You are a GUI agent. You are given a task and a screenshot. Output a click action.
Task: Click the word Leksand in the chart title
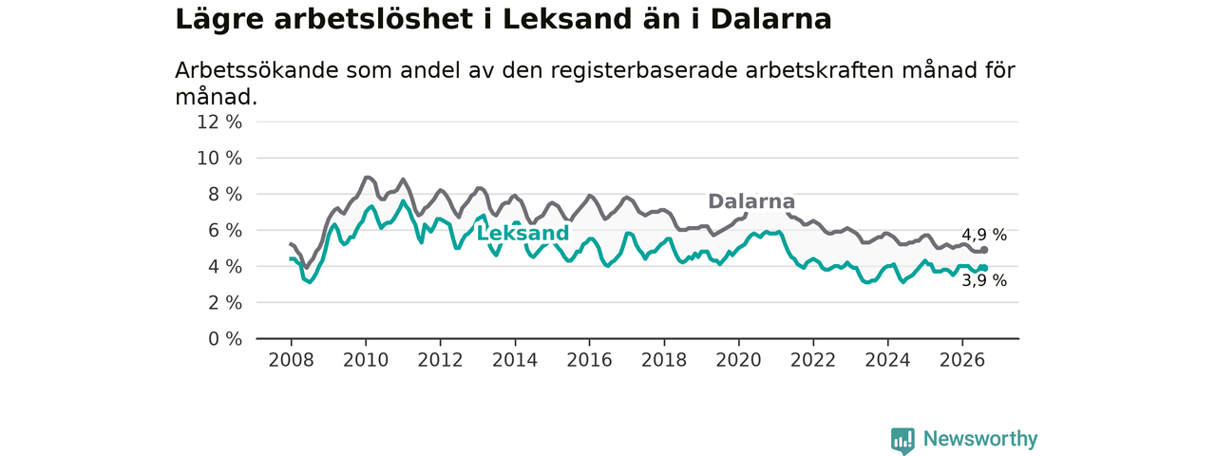[567, 20]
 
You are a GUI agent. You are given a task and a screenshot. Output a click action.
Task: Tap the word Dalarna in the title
[770, 20]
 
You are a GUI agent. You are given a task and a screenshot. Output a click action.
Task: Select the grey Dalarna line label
[751, 201]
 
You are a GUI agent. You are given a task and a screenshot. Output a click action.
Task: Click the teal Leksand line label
[522, 234]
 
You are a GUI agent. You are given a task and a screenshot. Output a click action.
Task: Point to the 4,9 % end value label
[984, 235]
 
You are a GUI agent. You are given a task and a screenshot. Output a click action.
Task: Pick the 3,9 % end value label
[984, 280]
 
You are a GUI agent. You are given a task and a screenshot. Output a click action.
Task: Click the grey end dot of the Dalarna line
[984, 250]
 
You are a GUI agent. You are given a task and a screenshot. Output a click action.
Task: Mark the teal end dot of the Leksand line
[984, 268]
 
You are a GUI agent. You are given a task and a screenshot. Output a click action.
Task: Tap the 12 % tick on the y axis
[219, 123]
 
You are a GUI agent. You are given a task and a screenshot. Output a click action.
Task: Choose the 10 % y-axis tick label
[219, 159]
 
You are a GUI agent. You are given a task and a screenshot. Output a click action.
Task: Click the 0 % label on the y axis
[225, 339]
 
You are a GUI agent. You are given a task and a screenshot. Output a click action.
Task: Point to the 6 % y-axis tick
[225, 231]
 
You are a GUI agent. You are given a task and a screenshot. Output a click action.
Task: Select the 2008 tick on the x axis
[291, 360]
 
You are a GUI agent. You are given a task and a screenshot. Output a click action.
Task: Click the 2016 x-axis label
[590, 360]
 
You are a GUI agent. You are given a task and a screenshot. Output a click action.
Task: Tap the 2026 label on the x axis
[962, 360]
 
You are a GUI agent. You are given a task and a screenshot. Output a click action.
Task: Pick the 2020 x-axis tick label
[738, 360]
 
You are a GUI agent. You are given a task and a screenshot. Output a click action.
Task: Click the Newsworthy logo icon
[902, 440]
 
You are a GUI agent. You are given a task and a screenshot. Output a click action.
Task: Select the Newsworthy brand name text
[980, 439]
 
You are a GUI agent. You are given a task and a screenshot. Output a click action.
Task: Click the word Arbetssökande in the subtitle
[257, 70]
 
